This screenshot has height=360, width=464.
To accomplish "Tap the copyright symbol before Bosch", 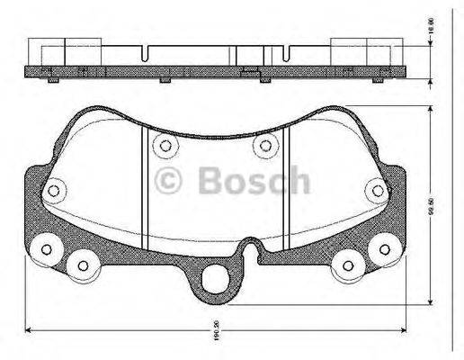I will [169, 181].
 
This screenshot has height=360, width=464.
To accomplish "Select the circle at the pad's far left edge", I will [53, 190].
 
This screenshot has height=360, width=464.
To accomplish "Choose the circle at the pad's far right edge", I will [377, 190].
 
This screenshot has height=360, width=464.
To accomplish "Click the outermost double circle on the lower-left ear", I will [42, 251].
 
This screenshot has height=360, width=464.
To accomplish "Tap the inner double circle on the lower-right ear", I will [347, 264].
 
